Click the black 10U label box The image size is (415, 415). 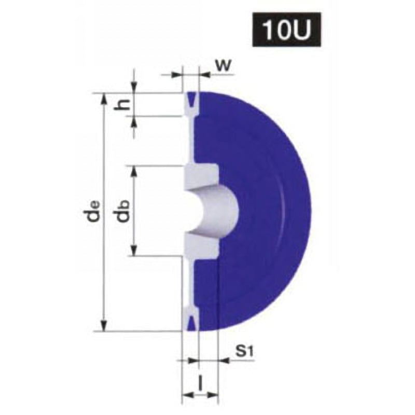click(x=286, y=30)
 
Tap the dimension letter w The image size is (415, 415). click(x=224, y=65)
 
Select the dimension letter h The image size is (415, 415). click(x=122, y=105)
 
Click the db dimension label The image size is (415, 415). click(x=123, y=211)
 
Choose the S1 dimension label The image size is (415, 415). click(x=244, y=352)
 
